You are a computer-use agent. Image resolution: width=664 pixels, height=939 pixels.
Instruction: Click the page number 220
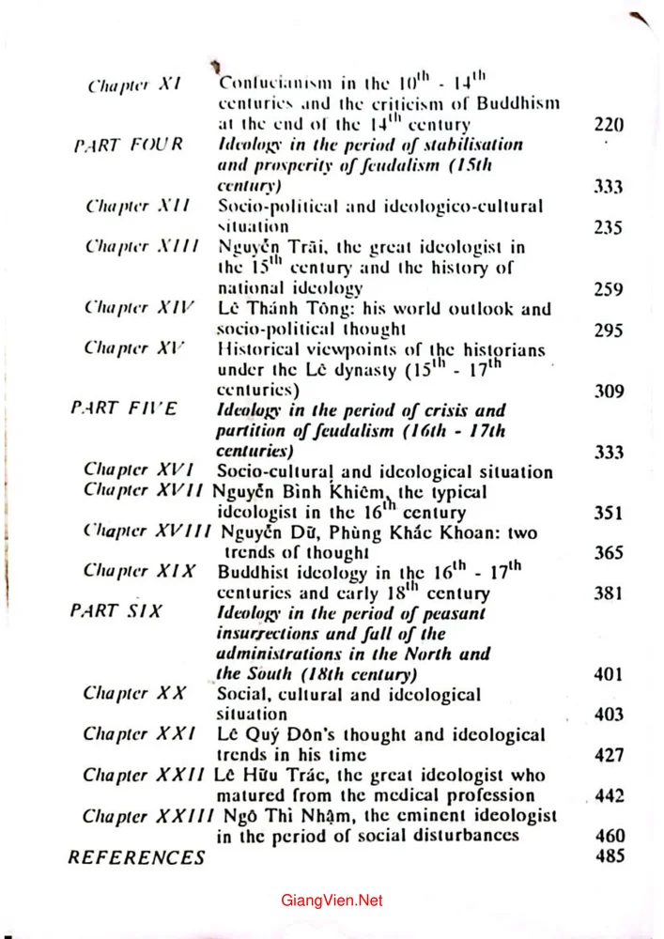click(609, 124)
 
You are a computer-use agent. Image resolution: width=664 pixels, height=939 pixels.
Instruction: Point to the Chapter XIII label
click(129, 247)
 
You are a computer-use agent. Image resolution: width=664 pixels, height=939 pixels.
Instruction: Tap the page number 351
click(609, 513)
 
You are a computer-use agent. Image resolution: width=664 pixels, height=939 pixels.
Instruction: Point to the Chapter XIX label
click(138, 571)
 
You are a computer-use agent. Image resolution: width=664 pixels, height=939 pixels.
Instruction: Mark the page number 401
click(609, 674)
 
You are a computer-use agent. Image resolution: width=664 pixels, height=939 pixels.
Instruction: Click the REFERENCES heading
click(136, 856)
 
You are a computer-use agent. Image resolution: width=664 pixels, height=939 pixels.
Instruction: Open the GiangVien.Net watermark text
click(332, 901)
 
